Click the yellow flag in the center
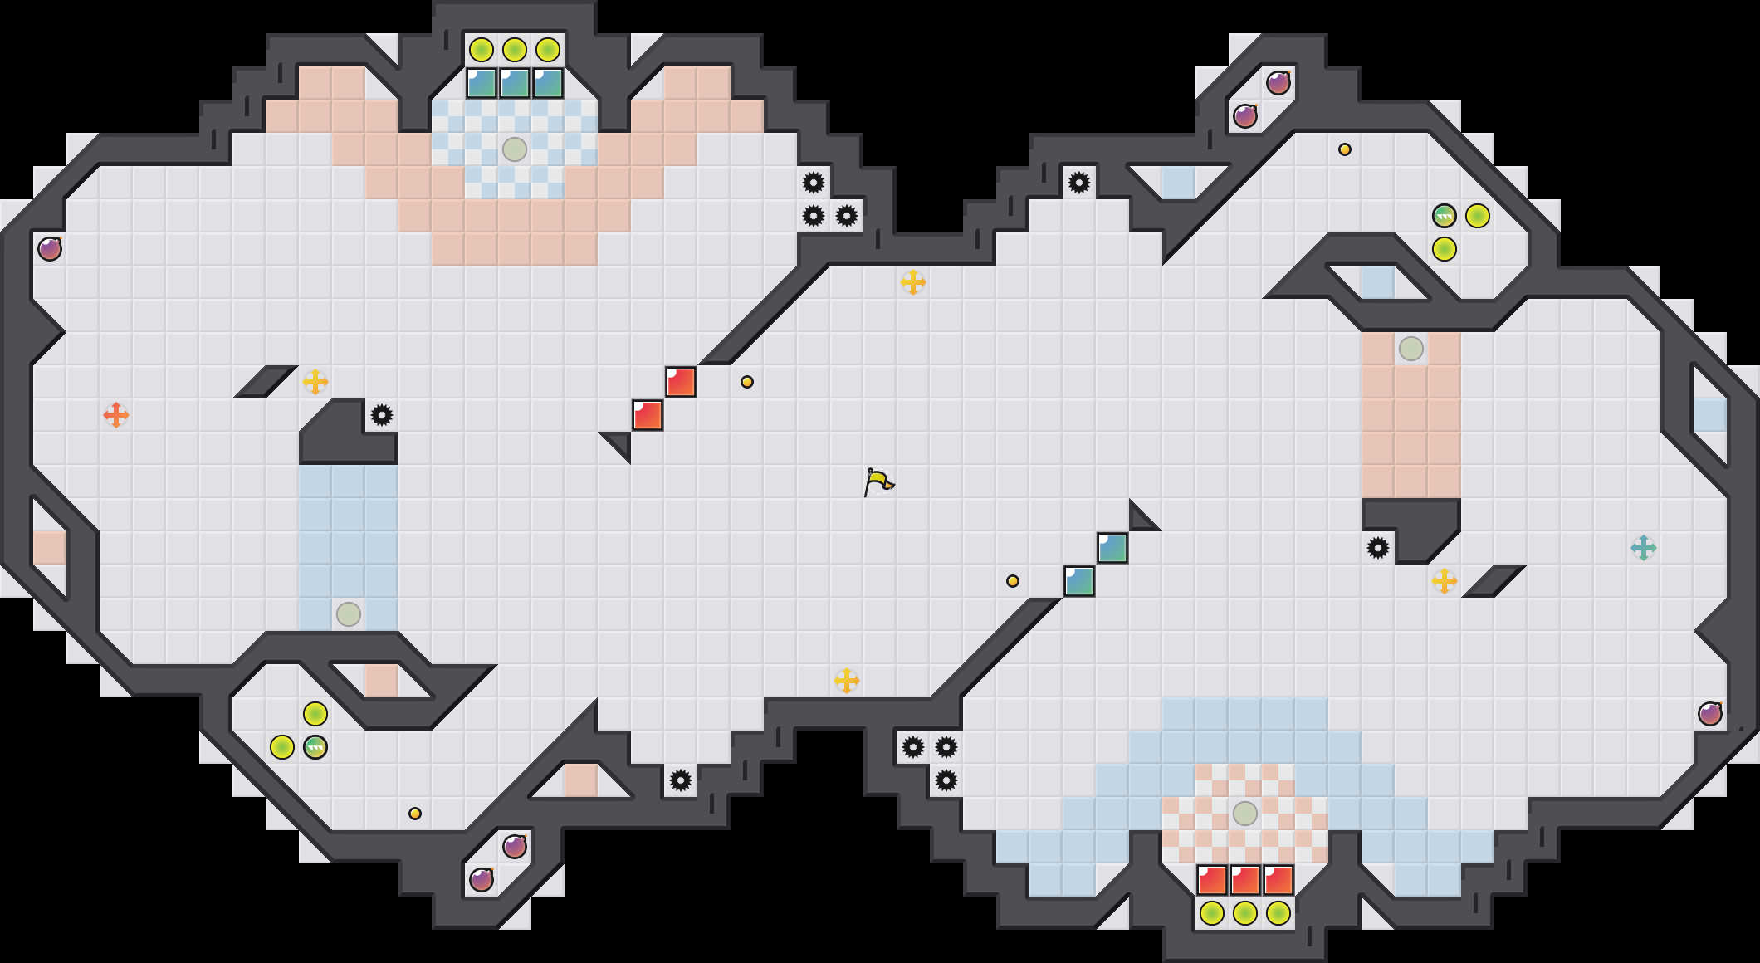click(x=878, y=481)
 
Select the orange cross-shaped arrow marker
click(x=116, y=414)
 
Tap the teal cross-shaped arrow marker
click(x=1643, y=548)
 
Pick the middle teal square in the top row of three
click(x=515, y=83)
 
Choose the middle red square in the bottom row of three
click(x=1245, y=880)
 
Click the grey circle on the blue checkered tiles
click(x=515, y=149)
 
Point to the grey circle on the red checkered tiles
click(x=1245, y=814)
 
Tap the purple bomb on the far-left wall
click(x=50, y=248)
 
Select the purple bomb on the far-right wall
click(x=1710, y=713)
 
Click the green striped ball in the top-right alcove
click(x=1445, y=216)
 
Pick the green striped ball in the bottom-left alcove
click(x=315, y=747)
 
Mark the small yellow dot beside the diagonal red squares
click(x=747, y=382)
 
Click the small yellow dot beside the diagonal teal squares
click(x=1013, y=581)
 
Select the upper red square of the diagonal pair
click(x=681, y=382)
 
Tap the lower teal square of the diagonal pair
click(x=1079, y=581)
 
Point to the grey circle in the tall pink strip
click(x=1411, y=349)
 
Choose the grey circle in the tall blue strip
click(x=349, y=614)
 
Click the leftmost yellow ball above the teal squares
click(x=482, y=50)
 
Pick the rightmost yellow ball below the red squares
click(x=1278, y=913)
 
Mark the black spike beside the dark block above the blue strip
click(x=382, y=415)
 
